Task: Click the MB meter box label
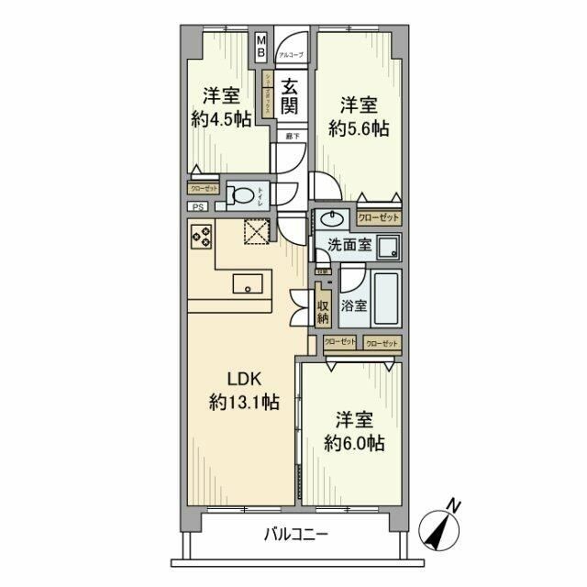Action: pos(260,46)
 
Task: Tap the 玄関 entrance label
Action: pos(290,96)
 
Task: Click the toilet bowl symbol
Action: pos(242,195)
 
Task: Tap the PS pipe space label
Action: pos(198,206)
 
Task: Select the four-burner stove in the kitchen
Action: pos(202,238)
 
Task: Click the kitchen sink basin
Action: pos(250,283)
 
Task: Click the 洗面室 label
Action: pos(348,246)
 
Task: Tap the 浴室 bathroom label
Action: pos(354,305)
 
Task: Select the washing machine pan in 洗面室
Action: pos(389,247)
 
